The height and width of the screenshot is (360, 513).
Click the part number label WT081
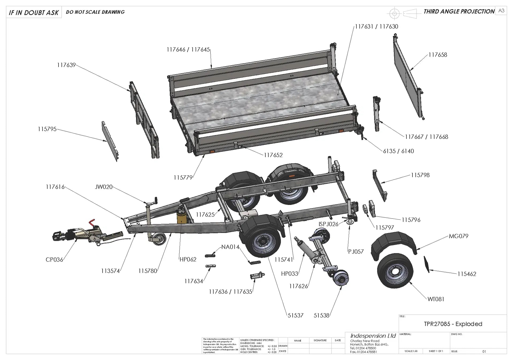436,299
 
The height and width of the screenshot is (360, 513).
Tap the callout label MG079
458,236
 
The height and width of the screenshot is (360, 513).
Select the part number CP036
54,260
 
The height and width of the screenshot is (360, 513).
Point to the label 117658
438,55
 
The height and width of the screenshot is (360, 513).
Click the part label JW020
104,187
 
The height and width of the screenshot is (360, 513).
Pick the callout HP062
188,259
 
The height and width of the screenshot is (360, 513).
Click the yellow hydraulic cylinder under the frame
182,216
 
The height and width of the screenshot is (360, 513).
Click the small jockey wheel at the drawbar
159,238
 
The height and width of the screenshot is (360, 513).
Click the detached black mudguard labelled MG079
393,244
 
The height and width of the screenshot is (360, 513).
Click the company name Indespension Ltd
373,336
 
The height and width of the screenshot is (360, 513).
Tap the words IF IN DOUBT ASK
34,13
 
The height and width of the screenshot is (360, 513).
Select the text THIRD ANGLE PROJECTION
459,11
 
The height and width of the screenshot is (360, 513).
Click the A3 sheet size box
501,11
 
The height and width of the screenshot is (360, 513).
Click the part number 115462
467,274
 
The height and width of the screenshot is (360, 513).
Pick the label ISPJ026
328,224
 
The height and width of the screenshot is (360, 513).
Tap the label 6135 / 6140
398,151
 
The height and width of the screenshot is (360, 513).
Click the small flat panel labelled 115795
110,140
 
